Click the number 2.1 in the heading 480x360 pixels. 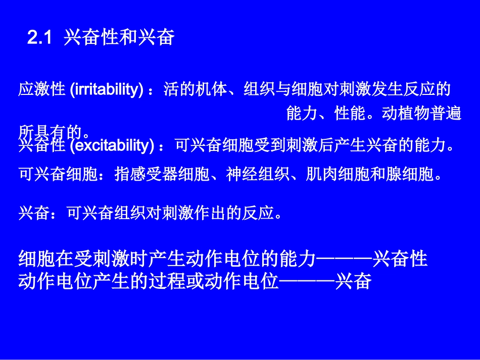coord(39,38)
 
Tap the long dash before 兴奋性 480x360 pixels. coord(344,260)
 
